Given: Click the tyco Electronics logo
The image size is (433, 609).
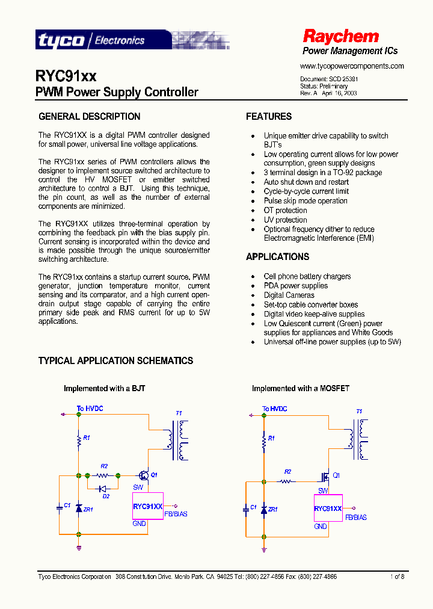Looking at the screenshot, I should click(x=90, y=40).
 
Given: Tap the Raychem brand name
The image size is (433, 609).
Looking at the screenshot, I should click(x=340, y=36).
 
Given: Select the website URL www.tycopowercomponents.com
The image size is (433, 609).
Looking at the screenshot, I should click(x=352, y=66).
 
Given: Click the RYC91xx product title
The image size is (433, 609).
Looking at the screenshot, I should click(x=66, y=76).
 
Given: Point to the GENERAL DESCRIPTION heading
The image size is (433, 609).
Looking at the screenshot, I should click(x=89, y=117).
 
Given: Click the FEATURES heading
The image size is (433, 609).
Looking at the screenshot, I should click(x=269, y=117).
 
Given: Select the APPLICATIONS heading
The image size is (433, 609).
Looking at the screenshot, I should click(x=277, y=257).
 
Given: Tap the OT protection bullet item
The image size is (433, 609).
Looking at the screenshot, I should click(x=285, y=211).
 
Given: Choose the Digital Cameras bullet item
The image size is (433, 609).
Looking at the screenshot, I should click(x=289, y=295).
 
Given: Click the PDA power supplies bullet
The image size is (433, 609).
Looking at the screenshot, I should click(x=295, y=286).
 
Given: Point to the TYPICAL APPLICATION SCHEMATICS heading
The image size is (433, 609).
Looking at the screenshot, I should click(x=115, y=361).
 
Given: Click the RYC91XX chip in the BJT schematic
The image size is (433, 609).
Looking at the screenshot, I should click(x=148, y=506).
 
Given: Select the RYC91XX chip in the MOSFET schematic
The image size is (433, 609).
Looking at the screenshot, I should click(x=328, y=509).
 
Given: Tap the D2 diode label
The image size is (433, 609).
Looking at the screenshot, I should click(x=106, y=496).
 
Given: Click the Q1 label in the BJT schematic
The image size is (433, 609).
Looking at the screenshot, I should click(x=154, y=475).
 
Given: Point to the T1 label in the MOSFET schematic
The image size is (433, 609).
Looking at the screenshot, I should click(x=359, y=412).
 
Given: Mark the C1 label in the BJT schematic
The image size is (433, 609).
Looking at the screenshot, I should click(x=67, y=505).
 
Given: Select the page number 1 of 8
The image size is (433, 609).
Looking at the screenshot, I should click(x=397, y=577).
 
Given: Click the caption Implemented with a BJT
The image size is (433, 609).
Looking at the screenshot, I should click(x=104, y=389).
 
